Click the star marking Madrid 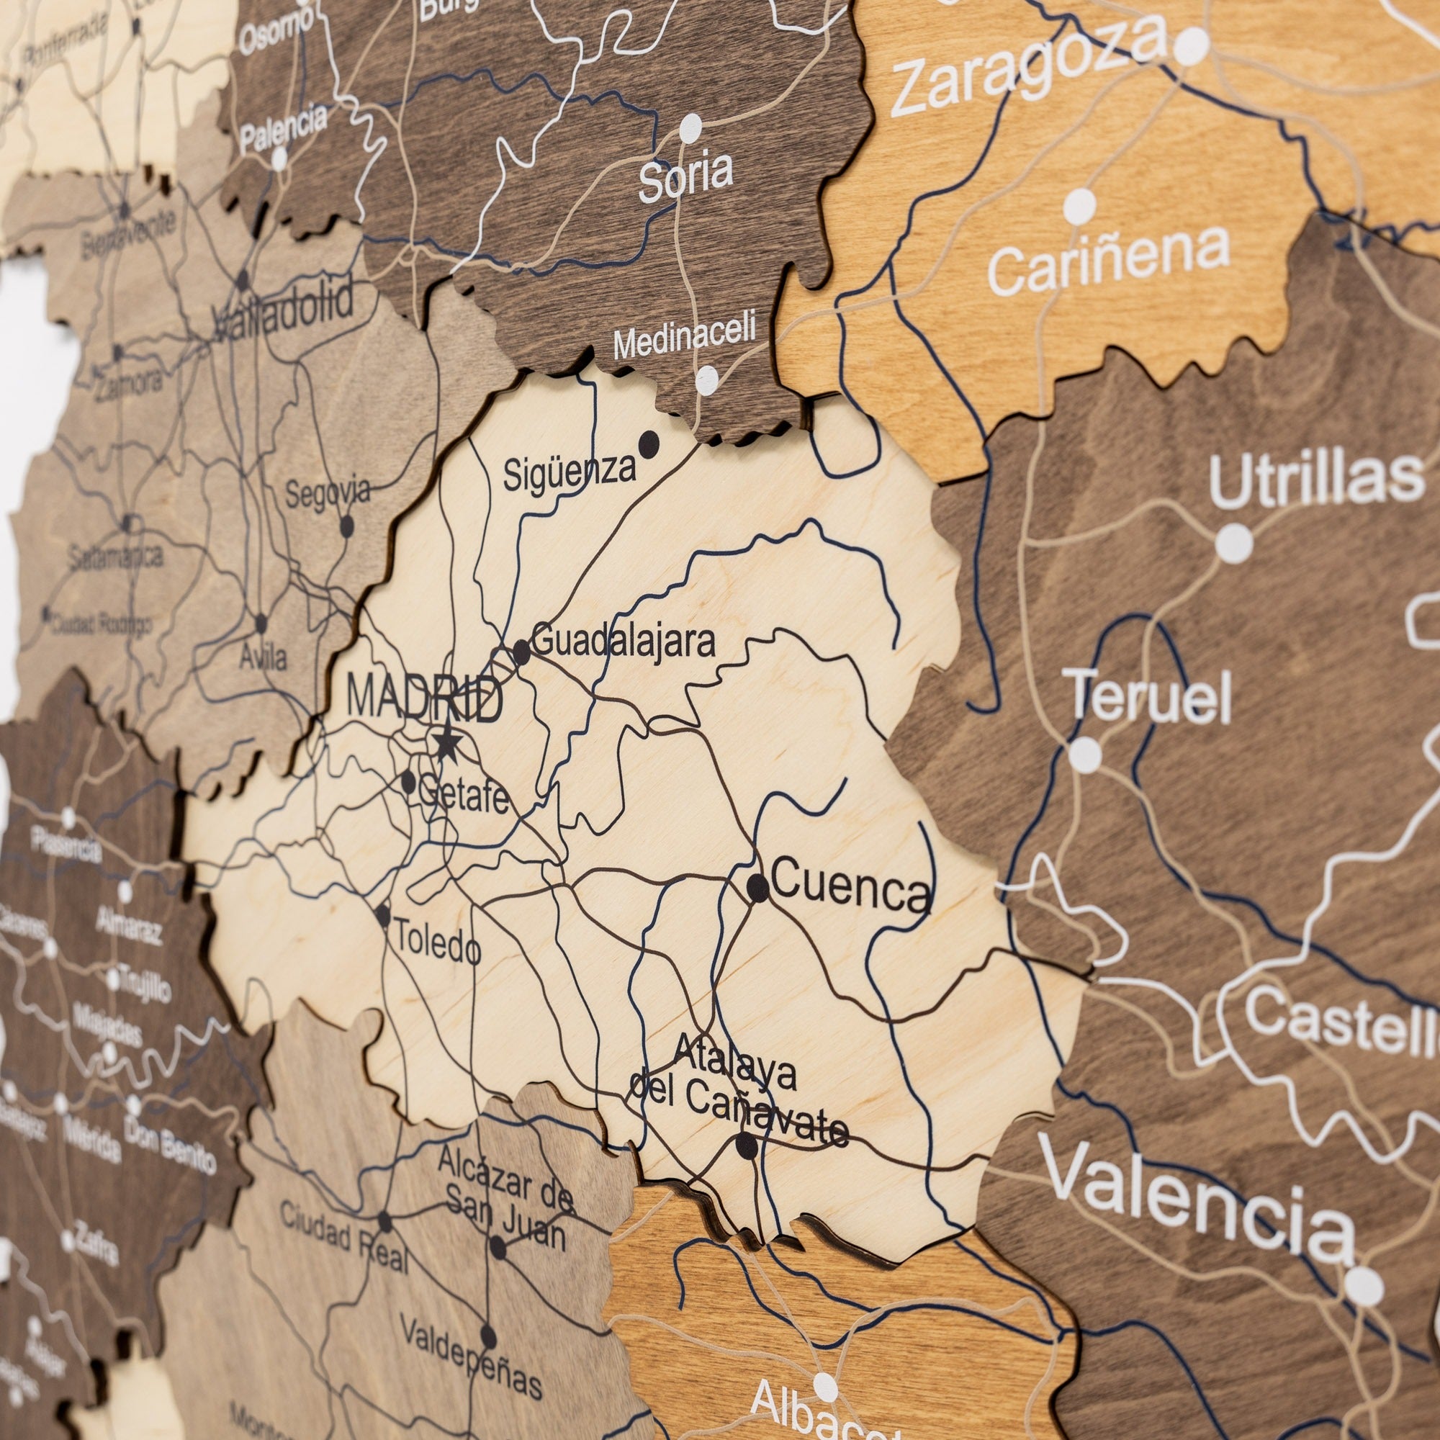(x=446, y=742)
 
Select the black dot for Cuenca (x=757, y=887)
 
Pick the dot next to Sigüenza (x=649, y=444)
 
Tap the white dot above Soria (x=691, y=128)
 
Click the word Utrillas (x=1316, y=480)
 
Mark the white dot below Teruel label (x=1085, y=755)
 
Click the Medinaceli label (x=684, y=336)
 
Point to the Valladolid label (x=283, y=313)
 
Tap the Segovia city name (x=328, y=494)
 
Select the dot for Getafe (x=408, y=782)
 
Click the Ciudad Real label (x=344, y=1238)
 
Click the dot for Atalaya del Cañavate (x=746, y=1146)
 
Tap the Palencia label (x=283, y=127)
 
